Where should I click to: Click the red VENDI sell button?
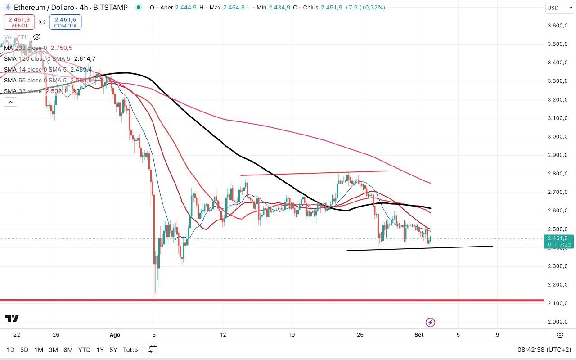(19, 22)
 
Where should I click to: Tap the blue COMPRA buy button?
(65, 22)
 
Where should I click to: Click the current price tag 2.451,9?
(559, 238)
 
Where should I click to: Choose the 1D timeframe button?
(10, 350)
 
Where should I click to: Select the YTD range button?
(84, 350)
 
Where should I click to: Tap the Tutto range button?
(130, 350)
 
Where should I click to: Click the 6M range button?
(68, 350)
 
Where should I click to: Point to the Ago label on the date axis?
(115, 335)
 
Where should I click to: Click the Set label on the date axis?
(419, 335)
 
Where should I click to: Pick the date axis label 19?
(292, 335)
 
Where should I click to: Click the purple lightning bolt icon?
(430, 322)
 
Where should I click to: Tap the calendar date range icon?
(153, 350)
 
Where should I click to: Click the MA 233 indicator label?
(25, 48)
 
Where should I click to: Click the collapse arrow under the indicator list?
(10, 102)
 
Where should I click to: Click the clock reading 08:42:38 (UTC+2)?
(544, 350)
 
